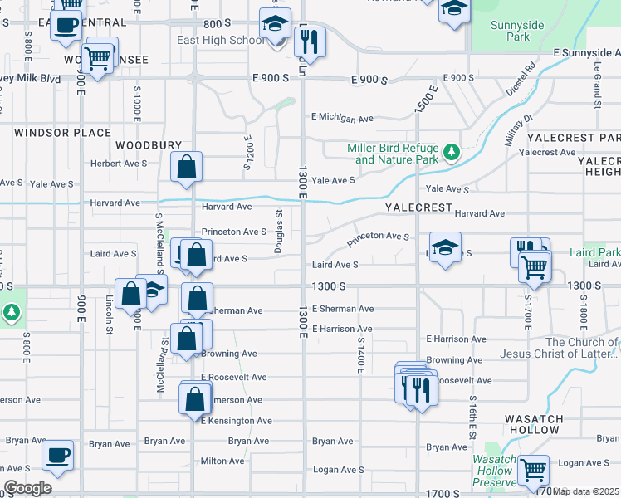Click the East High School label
pos(222,41)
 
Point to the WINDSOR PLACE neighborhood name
pos(63,133)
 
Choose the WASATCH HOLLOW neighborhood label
pos(535,425)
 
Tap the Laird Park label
pos(594,252)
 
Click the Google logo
pos(27,487)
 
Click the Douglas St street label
pos(280,231)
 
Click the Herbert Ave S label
pos(119,164)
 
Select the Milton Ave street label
pos(222,461)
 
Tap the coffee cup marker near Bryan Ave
pos(58,455)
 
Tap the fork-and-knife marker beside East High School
pos(310,42)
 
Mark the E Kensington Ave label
pos(237,421)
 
